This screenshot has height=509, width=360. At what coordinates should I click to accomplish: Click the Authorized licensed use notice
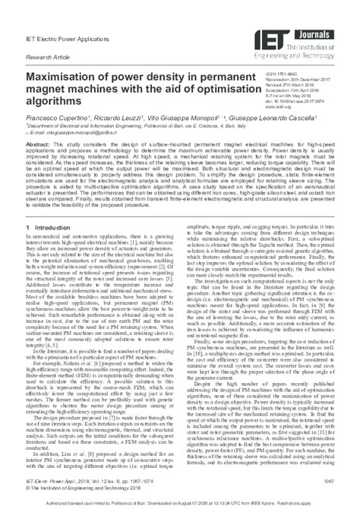click(179, 501)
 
